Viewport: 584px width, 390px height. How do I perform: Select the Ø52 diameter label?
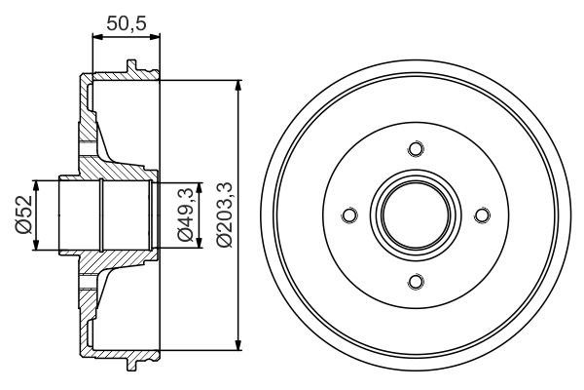pos(22,215)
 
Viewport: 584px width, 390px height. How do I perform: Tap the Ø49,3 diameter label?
pos(183,215)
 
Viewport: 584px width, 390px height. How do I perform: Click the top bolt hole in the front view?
pos(417,149)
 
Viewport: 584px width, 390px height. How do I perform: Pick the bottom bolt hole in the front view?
pos(417,282)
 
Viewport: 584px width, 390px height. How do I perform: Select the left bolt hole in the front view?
pos(349,215)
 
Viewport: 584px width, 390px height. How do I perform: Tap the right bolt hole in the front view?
pos(483,215)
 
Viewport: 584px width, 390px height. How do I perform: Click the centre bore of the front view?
pos(417,215)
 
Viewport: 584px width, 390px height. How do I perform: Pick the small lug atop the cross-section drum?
pos(129,67)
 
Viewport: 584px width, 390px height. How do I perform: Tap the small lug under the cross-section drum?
pos(129,363)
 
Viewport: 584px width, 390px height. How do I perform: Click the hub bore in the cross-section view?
pos(103,214)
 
